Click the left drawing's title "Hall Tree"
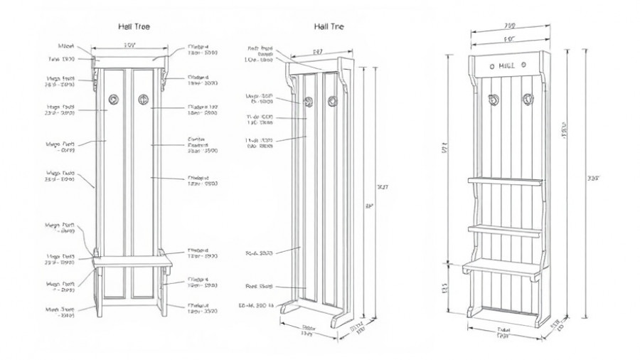click(x=133, y=26)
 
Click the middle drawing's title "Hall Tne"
click(x=329, y=26)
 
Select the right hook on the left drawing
click(x=143, y=100)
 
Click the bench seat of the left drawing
click(x=133, y=261)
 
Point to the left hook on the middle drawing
click(x=309, y=101)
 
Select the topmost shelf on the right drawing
click(x=504, y=181)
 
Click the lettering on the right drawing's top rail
click(x=507, y=66)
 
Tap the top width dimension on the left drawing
click(x=129, y=45)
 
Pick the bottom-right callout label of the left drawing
click(x=203, y=309)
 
